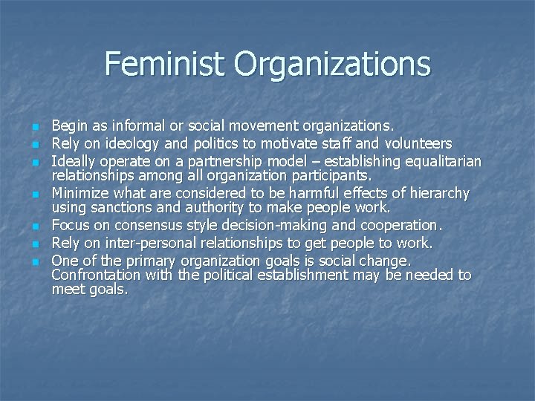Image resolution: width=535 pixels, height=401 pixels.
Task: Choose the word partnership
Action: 209,161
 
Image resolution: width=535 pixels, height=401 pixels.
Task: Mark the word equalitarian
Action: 440,161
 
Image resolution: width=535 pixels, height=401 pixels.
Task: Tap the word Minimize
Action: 81,193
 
